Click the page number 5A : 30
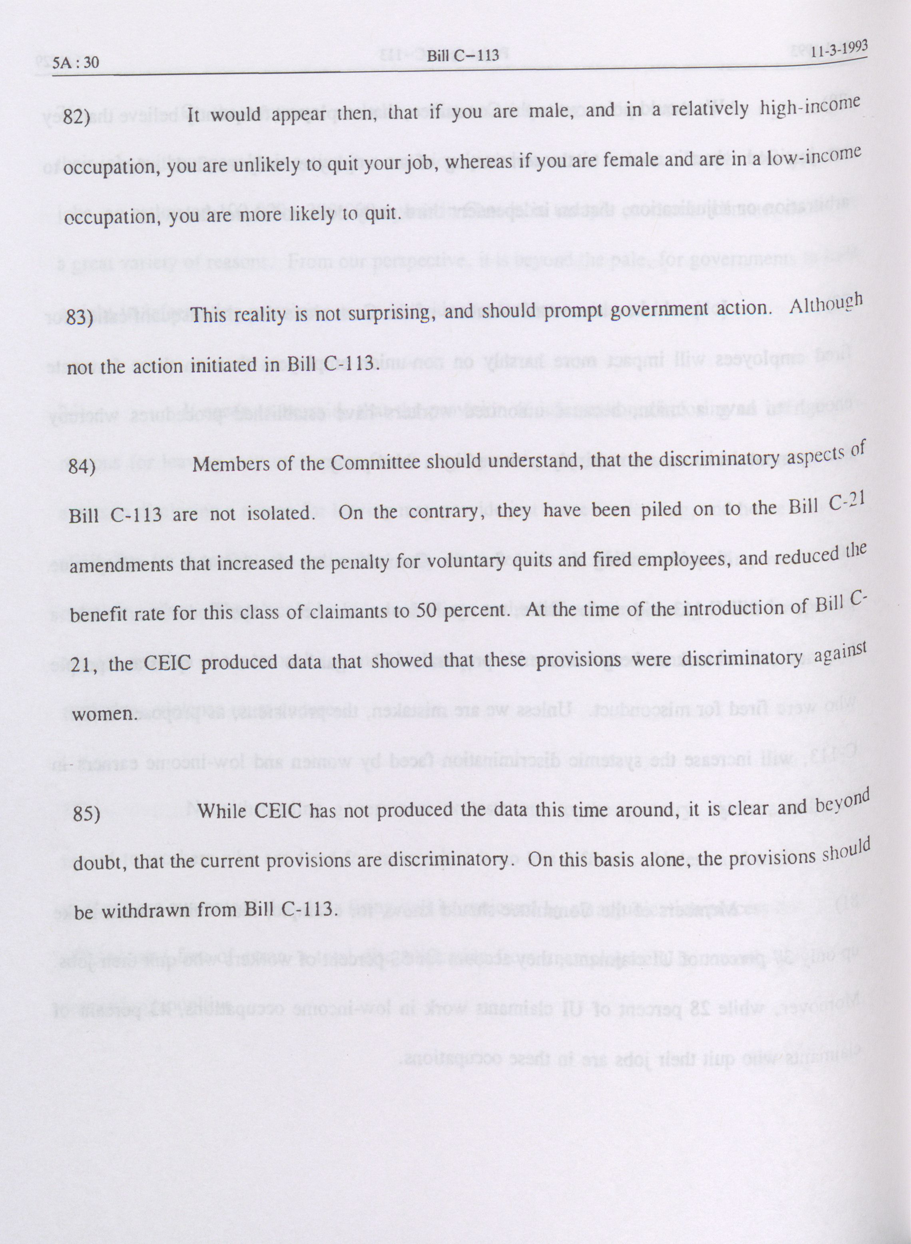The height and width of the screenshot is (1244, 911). coord(77,62)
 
